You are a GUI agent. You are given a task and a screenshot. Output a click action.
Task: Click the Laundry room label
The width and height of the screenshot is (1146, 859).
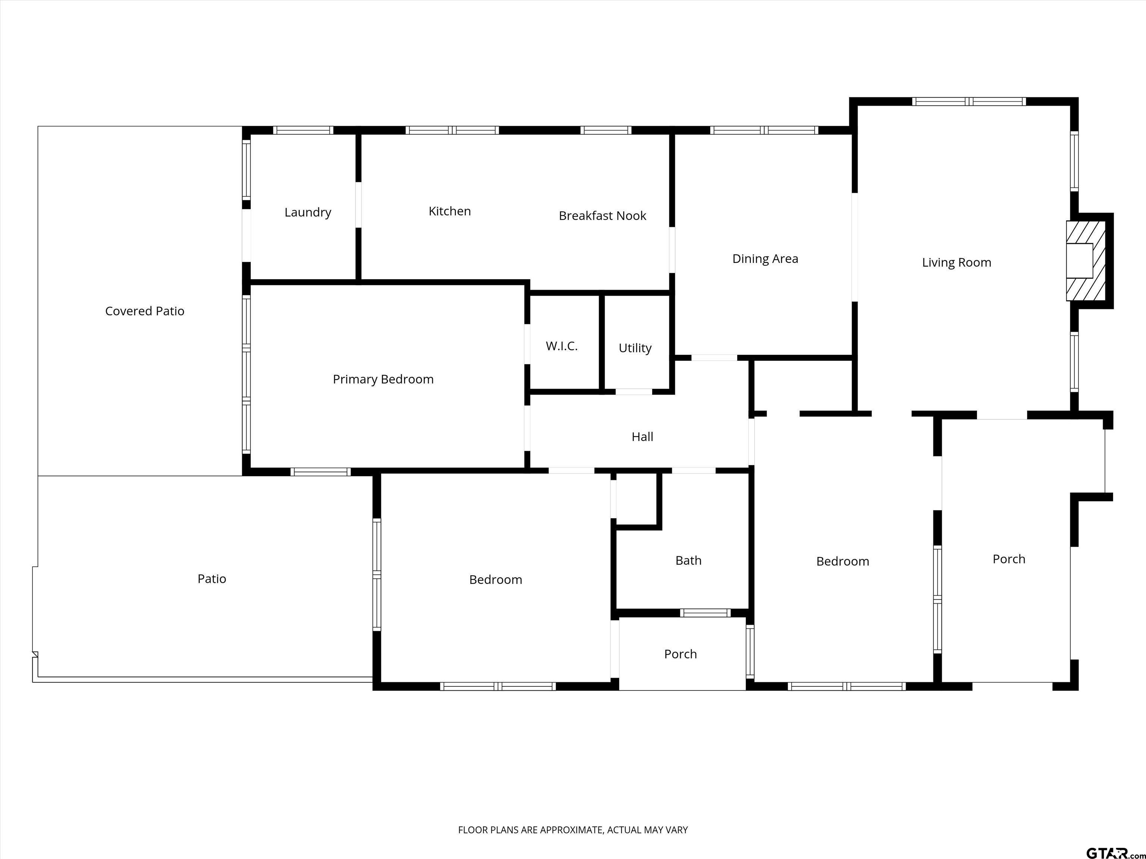coord(308,212)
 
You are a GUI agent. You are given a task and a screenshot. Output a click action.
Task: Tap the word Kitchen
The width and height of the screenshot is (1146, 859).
coord(450,211)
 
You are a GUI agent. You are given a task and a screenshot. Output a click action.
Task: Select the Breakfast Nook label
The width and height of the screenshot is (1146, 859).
coord(602,216)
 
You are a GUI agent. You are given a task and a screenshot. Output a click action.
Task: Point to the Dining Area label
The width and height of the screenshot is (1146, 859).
coord(765,259)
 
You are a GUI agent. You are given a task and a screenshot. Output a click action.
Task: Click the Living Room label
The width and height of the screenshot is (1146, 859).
coord(956,262)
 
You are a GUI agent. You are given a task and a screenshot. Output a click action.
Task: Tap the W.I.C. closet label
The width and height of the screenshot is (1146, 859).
coord(561,346)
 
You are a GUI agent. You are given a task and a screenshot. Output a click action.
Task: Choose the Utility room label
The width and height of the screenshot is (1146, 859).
coord(635,349)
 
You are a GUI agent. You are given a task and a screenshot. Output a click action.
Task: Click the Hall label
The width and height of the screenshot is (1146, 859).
coord(642,437)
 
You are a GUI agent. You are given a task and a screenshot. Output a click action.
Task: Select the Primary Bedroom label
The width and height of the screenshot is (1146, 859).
coord(383,380)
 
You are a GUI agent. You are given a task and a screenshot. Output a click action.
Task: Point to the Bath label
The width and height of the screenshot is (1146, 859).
coord(689,561)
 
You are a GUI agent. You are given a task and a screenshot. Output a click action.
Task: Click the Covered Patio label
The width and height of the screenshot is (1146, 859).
coord(144,311)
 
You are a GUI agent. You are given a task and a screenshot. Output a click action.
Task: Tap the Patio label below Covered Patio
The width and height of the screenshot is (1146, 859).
coord(212,579)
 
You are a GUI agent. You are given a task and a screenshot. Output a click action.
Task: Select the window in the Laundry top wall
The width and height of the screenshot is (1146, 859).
coord(303,130)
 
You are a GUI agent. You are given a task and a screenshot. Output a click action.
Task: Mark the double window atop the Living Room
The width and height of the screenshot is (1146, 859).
coord(969,101)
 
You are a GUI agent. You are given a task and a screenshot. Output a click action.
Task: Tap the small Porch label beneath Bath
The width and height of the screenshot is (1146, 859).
coord(680,654)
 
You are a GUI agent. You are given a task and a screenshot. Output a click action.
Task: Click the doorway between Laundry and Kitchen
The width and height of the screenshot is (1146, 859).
coord(358,205)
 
